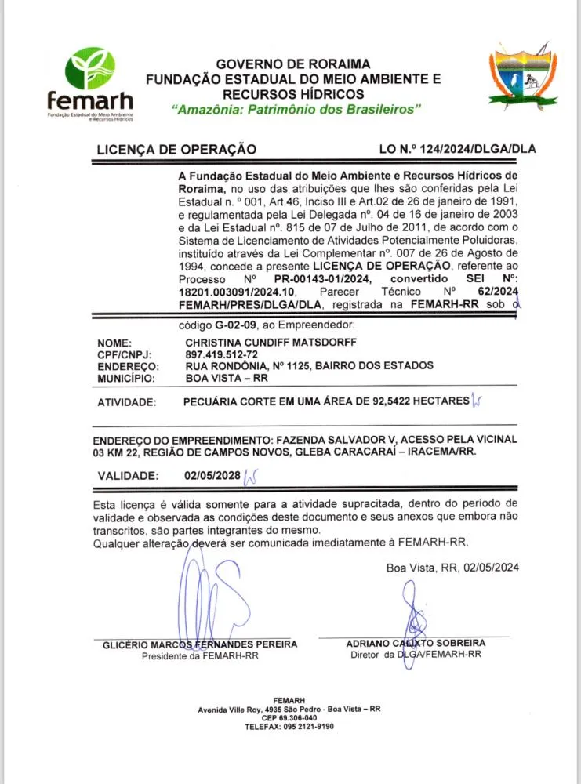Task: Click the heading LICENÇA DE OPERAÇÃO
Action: [x=176, y=148]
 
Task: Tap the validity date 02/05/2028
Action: [x=211, y=475]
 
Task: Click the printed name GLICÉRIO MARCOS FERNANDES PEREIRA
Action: [x=200, y=644]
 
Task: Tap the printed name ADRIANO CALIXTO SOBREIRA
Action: [x=416, y=643]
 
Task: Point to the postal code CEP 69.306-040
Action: [x=289, y=717]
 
